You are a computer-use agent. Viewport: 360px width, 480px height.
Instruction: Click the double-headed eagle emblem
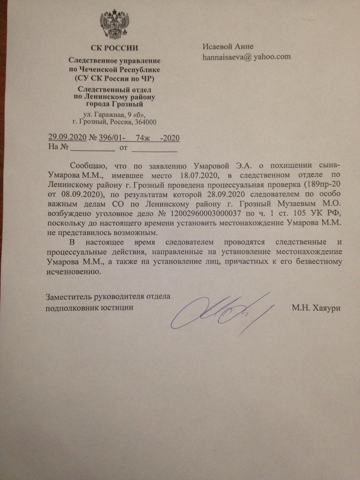(x=114, y=26)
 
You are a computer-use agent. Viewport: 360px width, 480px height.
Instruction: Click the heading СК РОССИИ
(x=114, y=48)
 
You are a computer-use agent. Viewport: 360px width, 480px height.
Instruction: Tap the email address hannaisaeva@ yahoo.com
(x=247, y=57)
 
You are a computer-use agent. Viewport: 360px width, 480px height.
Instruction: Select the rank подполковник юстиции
(x=90, y=307)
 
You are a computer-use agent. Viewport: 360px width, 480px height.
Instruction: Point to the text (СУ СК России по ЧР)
(x=114, y=78)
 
